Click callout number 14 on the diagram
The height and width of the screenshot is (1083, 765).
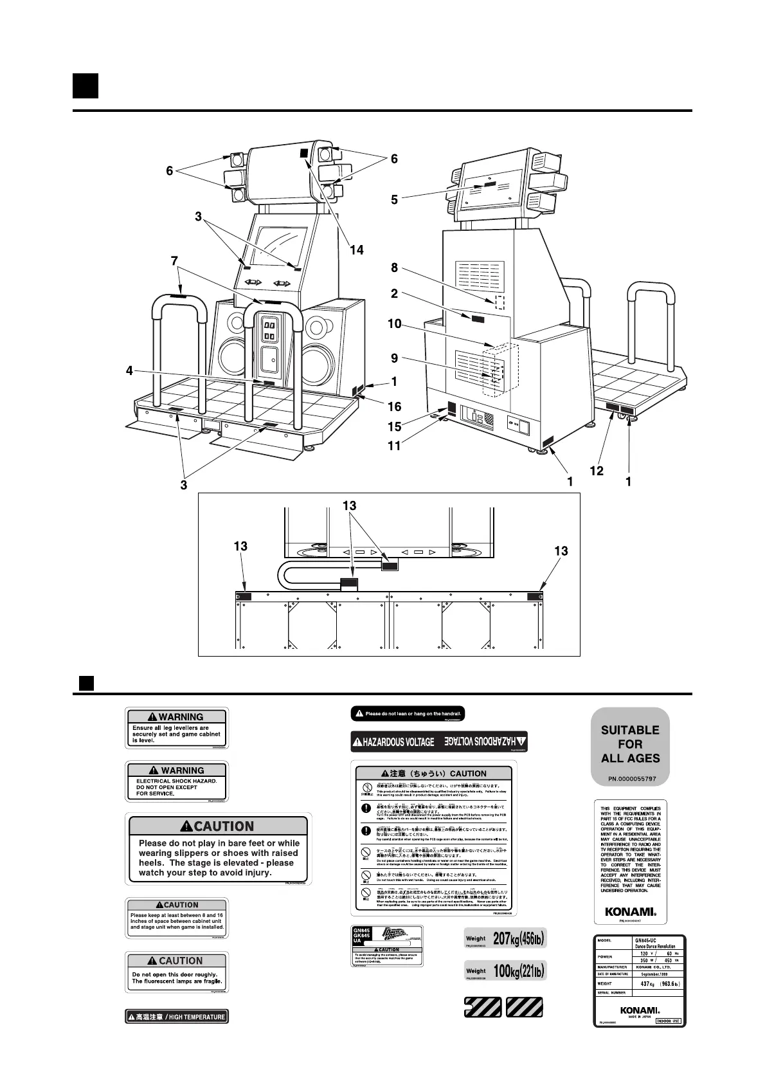point(356,250)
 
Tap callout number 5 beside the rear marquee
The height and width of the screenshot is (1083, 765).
point(394,200)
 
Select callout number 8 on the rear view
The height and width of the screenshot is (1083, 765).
point(394,268)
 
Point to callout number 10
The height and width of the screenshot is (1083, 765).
point(394,324)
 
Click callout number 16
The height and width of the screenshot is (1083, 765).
point(394,406)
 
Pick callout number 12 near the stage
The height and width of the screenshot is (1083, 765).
point(597,471)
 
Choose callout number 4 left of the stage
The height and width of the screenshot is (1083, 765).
point(129,371)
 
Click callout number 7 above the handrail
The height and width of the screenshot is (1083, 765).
point(174,260)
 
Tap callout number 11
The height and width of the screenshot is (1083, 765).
point(394,446)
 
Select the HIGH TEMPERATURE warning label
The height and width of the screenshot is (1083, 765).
point(177,1017)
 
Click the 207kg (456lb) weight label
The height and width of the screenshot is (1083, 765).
point(505,938)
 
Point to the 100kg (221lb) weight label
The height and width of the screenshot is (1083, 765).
point(505,970)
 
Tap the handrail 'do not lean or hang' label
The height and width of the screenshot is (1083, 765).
point(408,714)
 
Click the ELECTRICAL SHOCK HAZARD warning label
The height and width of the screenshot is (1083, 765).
point(177,781)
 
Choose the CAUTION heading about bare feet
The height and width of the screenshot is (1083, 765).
point(217,826)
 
